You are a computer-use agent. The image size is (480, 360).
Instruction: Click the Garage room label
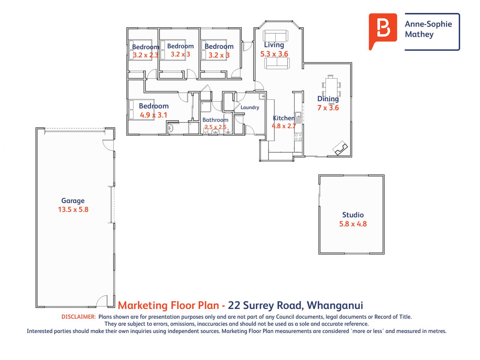point(73,201)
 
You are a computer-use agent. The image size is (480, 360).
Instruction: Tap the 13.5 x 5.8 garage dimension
point(73,209)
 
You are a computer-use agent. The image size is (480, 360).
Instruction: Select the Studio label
point(353,215)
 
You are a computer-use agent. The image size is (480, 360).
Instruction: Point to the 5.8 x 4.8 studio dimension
point(353,224)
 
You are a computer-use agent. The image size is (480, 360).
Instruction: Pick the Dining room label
point(328,99)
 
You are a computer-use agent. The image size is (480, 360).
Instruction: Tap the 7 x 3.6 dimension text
point(328,108)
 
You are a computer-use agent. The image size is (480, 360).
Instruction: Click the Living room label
point(274,45)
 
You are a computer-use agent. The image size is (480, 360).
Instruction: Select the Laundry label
point(250,107)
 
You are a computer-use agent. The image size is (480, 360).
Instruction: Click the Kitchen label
point(283,118)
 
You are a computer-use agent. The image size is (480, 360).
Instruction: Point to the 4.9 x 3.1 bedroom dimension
point(153,115)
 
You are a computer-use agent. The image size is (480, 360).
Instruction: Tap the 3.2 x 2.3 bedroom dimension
point(145,55)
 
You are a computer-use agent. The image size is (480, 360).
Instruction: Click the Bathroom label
point(215,120)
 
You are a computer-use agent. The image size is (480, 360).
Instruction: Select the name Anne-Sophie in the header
point(428,24)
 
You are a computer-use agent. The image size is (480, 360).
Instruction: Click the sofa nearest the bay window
point(275,36)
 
